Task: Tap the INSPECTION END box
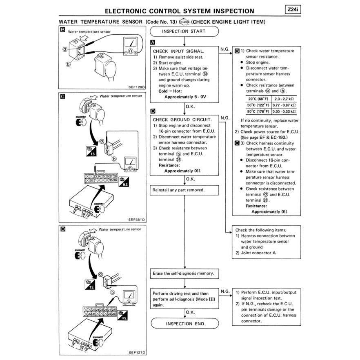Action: click(184, 324)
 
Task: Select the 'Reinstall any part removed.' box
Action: click(184, 190)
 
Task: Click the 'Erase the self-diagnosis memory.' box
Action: click(184, 273)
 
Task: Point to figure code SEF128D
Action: click(137, 87)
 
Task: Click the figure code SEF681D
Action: click(137, 219)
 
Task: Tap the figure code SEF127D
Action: click(137, 352)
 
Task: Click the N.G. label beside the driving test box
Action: click(225, 291)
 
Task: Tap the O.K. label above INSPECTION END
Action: click(190, 312)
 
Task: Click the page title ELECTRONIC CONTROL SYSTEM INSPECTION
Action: click(179, 11)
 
